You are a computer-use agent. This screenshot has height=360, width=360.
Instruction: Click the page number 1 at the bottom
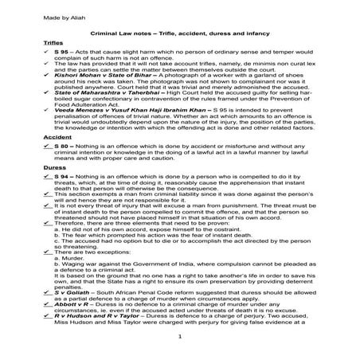(x=180, y=346)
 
